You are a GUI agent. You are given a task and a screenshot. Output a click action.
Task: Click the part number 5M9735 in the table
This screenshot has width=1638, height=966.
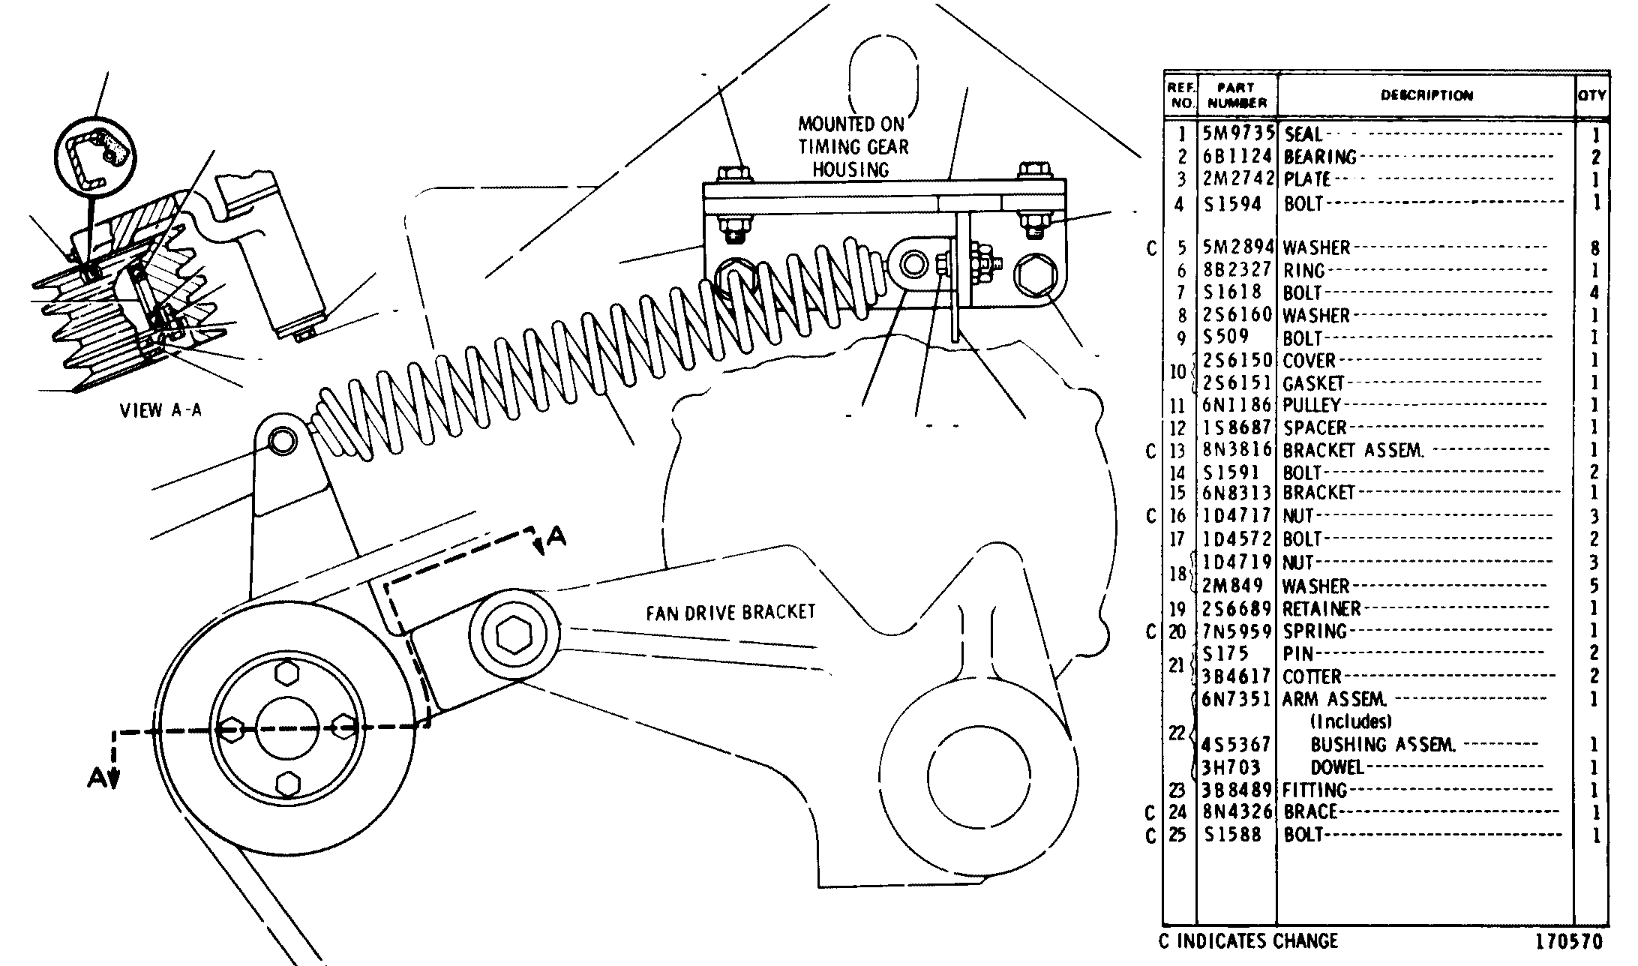coord(1238,134)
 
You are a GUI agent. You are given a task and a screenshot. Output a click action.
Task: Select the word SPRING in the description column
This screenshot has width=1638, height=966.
coord(1315,631)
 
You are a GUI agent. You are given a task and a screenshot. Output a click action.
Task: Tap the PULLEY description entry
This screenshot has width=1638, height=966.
coord(1312,406)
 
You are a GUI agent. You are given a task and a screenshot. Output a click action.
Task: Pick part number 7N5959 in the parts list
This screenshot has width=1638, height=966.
coord(1237,631)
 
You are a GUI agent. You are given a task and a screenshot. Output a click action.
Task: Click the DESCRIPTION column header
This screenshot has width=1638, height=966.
coord(1426,95)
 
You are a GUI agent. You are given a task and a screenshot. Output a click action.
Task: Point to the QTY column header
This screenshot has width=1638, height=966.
coord(1591,95)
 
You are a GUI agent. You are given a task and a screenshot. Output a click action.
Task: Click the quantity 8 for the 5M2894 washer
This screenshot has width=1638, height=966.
coord(1594,248)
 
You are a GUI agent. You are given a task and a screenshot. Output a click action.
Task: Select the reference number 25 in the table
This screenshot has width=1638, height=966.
coord(1178,835)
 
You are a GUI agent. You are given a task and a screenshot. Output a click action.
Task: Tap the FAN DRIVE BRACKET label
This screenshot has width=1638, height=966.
coord(730,613)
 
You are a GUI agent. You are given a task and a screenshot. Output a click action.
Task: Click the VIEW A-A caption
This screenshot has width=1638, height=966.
coord(160,410)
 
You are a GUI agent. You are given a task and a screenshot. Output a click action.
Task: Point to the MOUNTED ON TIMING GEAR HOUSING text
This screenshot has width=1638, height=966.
coord(851,147)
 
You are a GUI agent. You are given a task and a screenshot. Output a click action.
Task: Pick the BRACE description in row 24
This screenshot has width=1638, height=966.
coord(1310,812)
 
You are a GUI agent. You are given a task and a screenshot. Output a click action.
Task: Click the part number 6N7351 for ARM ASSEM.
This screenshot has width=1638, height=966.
coord(1237,700)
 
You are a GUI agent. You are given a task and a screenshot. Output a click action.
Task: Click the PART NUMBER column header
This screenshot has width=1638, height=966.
coord(1237,95)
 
